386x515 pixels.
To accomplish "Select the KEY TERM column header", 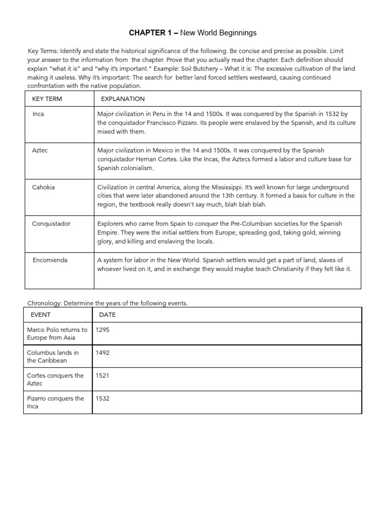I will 47,99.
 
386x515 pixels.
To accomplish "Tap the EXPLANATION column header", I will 123,99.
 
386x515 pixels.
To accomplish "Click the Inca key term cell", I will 38,114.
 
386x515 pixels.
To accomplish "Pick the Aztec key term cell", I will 40,150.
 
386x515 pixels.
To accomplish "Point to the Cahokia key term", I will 44,187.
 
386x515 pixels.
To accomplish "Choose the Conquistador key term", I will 51,223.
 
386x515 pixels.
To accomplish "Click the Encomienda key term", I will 50,260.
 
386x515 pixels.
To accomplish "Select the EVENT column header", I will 41,315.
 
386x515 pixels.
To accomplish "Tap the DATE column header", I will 108,315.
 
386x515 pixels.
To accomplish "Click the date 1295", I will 103,330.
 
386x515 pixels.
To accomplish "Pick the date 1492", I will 103,353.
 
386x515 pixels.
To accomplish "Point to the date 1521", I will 103,376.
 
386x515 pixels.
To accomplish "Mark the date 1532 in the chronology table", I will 103,399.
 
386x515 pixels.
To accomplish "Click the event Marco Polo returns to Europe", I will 57,333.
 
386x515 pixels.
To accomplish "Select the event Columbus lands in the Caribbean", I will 52,357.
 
